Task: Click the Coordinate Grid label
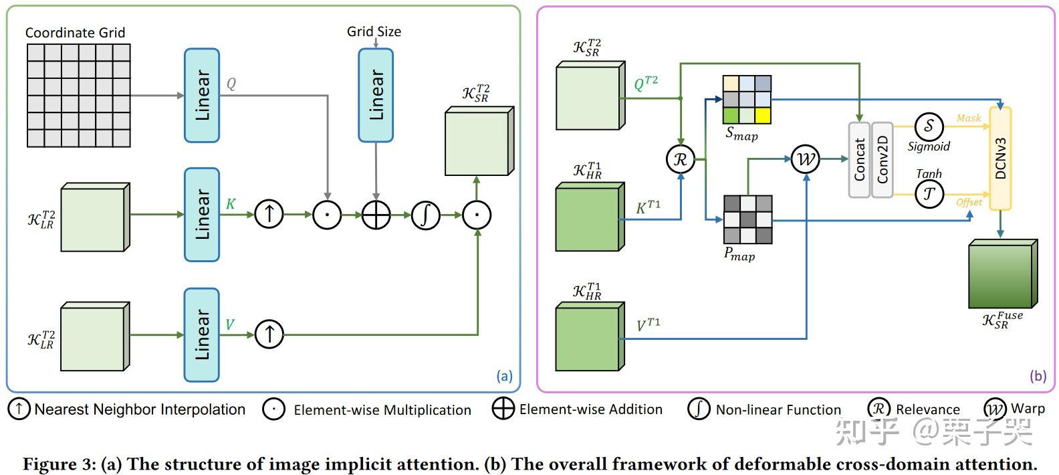click(x=75, y=33)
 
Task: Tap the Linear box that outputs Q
click(x=202, y=95)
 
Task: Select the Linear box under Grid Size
click(x=376, y=95)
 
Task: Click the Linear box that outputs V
click(x=202, y=335)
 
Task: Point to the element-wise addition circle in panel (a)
click(x=376, y=215)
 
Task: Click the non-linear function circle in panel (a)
click(x=425, y=215)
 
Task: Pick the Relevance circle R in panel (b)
click(x=681, y=159)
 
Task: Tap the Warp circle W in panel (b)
click(x=806, y=159)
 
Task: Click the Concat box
click(x=859, y=159)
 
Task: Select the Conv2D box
click(x=882, y=159)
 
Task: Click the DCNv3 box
click(x=1000, y=159)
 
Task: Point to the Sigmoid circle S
click(x=929, y=126)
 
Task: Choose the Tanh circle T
click(x=929, y=195)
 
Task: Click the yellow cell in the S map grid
click(x=763, y=116)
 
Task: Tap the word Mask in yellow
click(x=969, y=118)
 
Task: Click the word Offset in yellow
click(x=969, y=203)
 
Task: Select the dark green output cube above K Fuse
click(x=1003, y=274)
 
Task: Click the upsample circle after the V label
click(x=269, y=335)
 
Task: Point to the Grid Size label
click(x=374, y=31)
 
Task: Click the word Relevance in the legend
click(x=928, y=409)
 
